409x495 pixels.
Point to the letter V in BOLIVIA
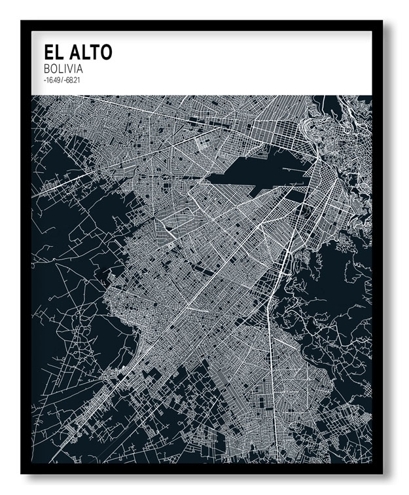pos(73,69)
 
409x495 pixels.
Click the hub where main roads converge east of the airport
pos(317,157)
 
